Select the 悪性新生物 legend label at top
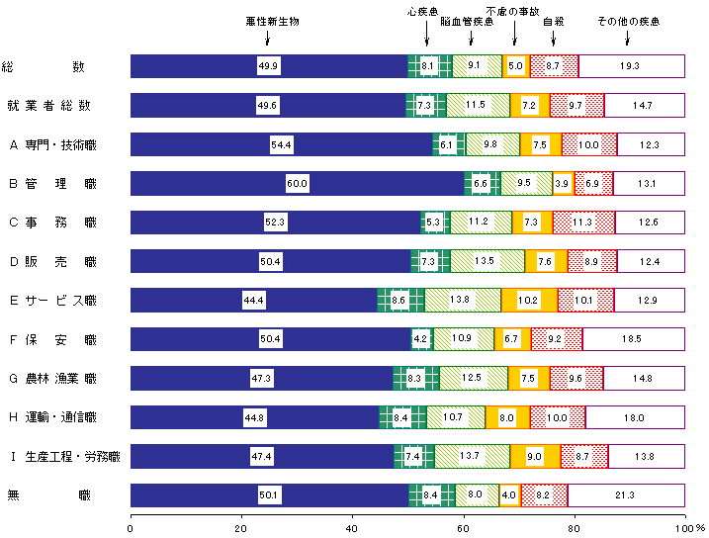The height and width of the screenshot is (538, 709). pos(272,21)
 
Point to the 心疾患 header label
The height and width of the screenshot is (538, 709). pos(424,13)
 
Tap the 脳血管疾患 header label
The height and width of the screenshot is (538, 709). pos(467,21)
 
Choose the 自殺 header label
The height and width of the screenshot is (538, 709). pos(554,21)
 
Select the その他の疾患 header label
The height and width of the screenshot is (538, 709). pos(627,21)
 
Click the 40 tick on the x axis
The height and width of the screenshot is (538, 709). pos(352,528)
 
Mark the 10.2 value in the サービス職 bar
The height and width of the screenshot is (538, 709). pos(528,301)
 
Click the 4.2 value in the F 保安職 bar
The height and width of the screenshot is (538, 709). pos(420,339)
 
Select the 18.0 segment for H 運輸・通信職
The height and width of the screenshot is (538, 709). pos(636,417)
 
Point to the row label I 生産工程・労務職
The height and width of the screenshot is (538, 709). pos(64,456)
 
